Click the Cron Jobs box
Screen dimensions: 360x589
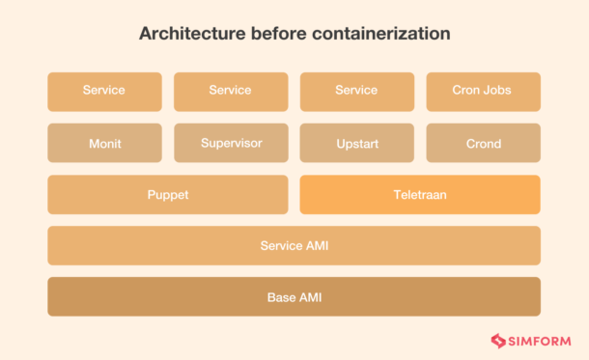pos(483,91)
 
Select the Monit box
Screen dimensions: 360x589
pos(103,143)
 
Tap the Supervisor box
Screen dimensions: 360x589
pos(231,143)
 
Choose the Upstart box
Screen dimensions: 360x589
pos(356,143)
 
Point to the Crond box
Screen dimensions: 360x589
pos(483,143)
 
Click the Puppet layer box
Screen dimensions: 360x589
pos(167,194)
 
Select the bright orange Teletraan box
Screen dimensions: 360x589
pos(420,194)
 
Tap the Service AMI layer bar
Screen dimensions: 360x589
pos(294,245)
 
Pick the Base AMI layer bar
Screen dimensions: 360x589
pos(294,296)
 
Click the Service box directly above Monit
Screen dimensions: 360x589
pos(103,91)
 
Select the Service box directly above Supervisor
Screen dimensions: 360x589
pos(231,91)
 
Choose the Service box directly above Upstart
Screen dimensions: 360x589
pos(356,91)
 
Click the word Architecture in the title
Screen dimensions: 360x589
pos(188,34)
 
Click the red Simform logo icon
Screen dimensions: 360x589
pos(498,340)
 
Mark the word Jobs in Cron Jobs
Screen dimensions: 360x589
pos(496,91)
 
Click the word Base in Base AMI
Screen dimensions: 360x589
pos(281,296)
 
